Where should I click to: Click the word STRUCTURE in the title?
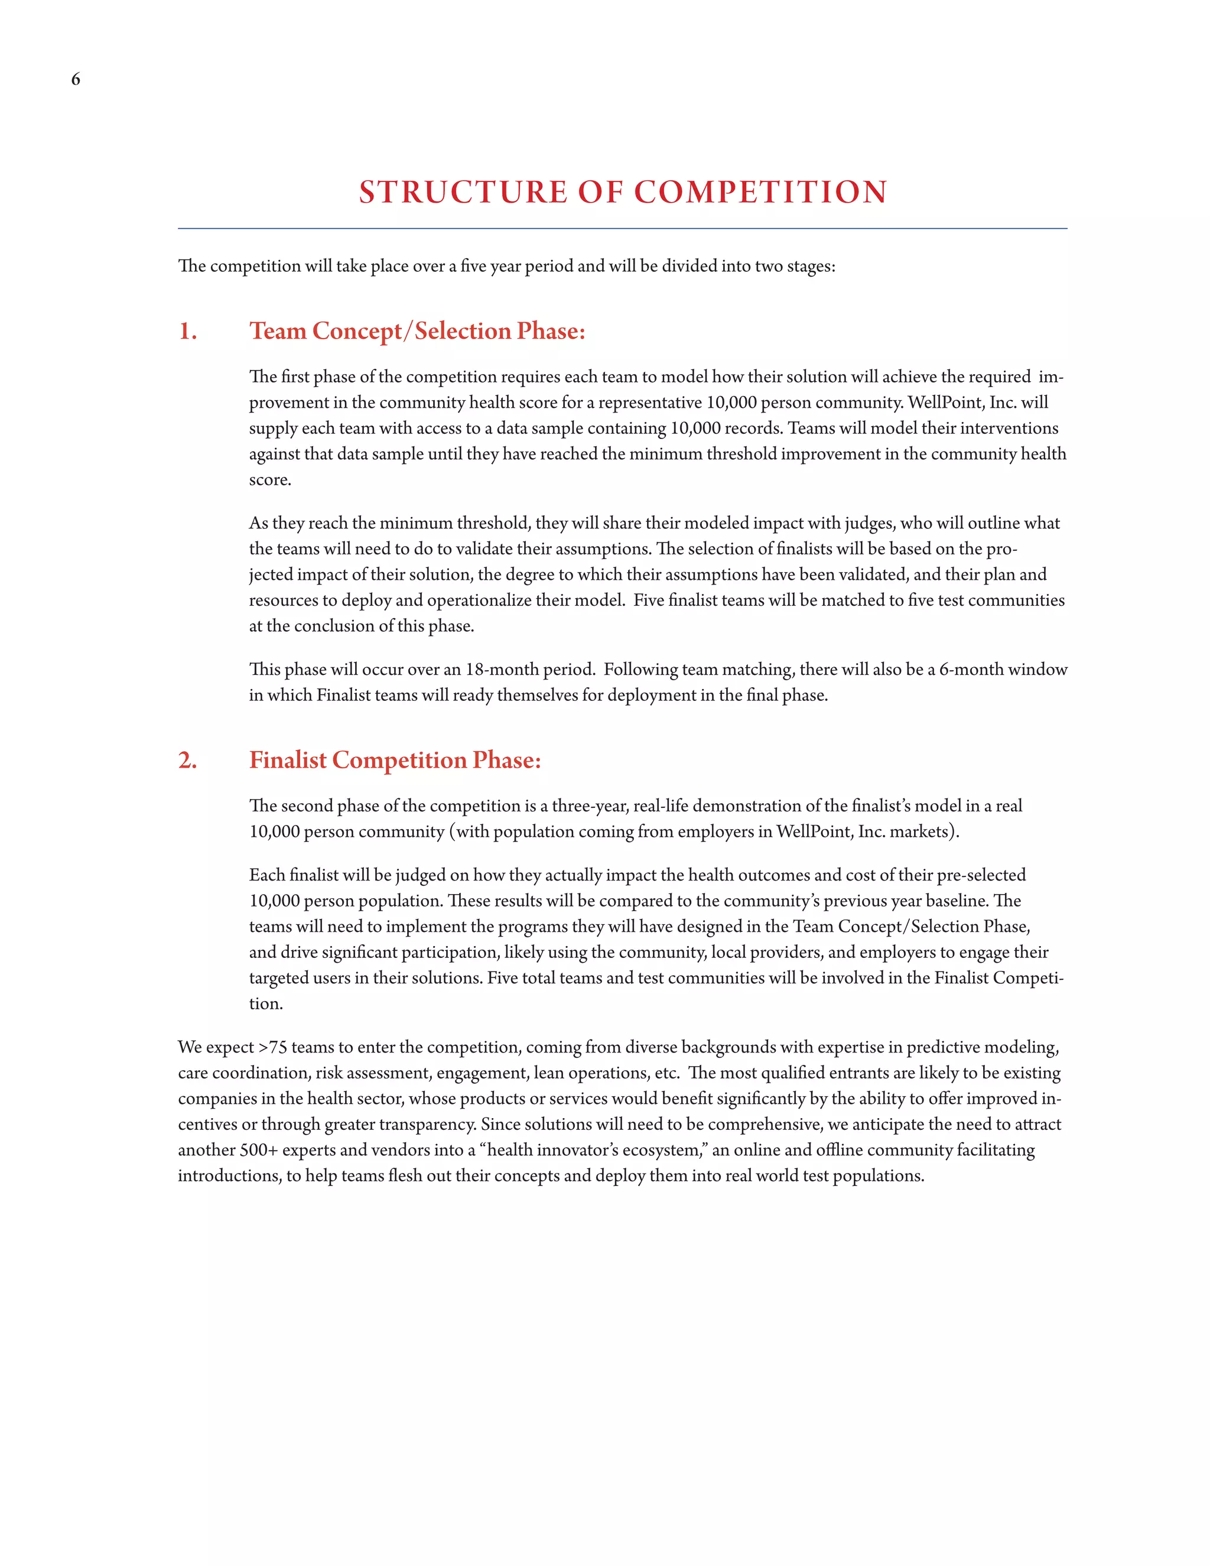coord(463,192)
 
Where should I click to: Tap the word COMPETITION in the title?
coord(760,192)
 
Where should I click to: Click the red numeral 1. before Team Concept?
coord(188,332)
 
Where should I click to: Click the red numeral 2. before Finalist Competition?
coord(188,760)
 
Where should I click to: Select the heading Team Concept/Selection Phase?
coord(417,332)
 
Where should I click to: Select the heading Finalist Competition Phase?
coord(395,760)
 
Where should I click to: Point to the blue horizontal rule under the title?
coord(622,229)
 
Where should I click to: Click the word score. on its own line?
coord(270,480)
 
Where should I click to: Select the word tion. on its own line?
coord(266,1004)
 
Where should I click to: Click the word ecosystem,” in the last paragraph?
coord(665,1150)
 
